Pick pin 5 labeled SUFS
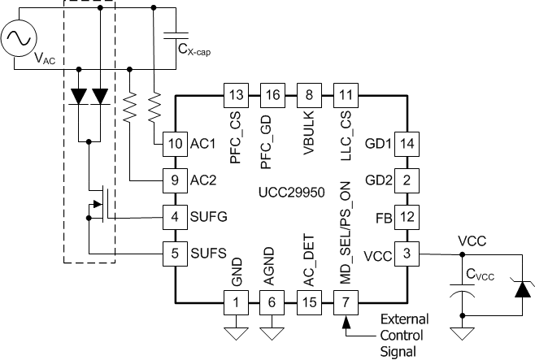pos(174,253)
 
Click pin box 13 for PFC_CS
pos(236,94)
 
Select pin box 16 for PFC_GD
pos(272,94)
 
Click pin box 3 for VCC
pos(407,253)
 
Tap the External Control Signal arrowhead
pos(346,323)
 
